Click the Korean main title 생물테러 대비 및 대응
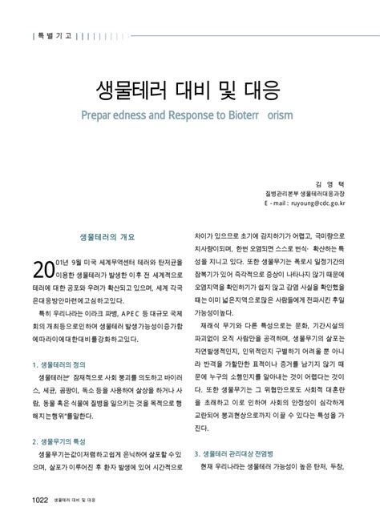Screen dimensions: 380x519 click(190, 86)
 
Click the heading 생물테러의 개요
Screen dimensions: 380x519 click(107, 238)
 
